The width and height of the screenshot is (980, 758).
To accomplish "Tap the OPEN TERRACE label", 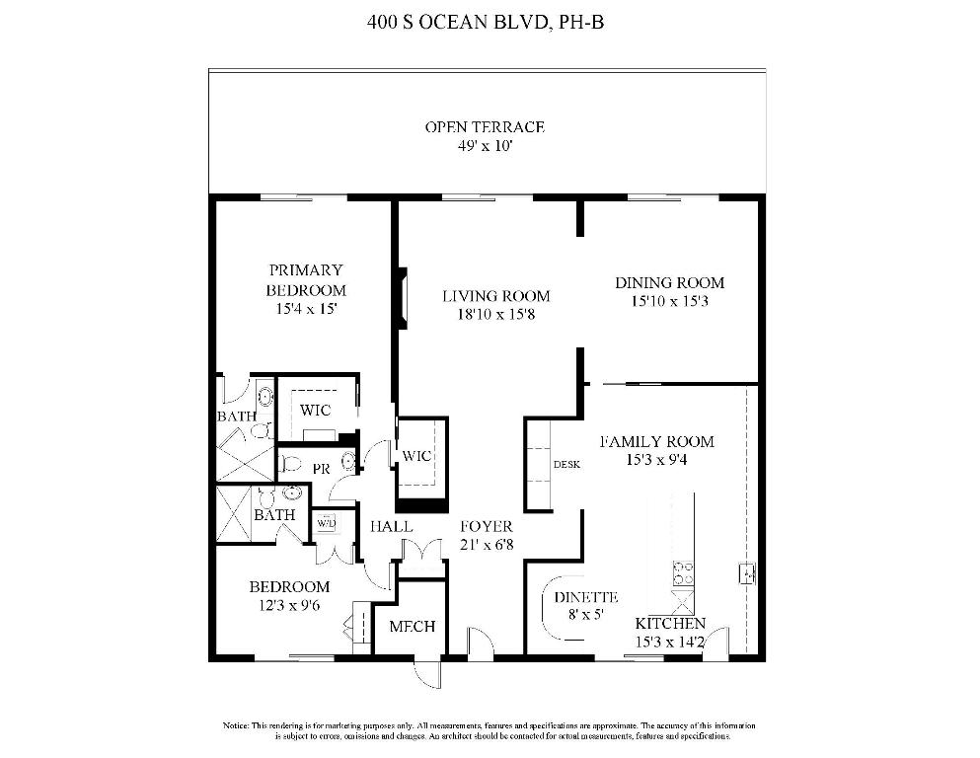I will coord(485,127).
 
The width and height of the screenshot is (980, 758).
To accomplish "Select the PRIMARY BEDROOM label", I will coord(306,280).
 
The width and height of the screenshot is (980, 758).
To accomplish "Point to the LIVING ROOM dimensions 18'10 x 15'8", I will coord(495,315).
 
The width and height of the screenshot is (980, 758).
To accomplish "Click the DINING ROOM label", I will coord(669,282).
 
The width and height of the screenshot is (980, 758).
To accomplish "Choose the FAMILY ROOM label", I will coord(656,441).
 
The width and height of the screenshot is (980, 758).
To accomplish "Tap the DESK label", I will coord(565,464).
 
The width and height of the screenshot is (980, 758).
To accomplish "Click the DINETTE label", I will coord(585,597).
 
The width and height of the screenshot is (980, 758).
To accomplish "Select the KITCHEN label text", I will coord(669,624).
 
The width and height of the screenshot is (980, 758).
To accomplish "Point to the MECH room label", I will coord(412,627).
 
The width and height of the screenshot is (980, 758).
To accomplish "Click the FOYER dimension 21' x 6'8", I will coord(486,545).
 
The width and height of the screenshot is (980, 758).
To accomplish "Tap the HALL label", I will coord(391,527).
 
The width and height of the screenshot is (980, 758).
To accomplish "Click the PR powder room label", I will coord(321,470).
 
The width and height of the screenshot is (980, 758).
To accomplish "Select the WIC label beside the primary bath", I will coord(315,410).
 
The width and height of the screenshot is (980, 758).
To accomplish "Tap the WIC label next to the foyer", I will coord(415,456).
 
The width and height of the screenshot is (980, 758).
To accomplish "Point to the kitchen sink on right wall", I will coord(747,571).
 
